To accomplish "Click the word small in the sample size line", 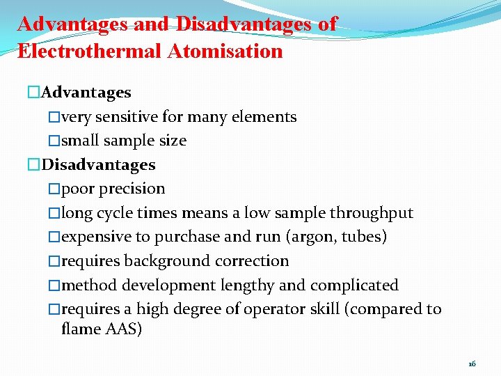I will (x=81, y=141).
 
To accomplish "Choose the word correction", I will (x=255, y=261).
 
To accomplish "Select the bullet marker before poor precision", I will (x=54, y=189).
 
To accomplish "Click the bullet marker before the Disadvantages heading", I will (x=35, y=165).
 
